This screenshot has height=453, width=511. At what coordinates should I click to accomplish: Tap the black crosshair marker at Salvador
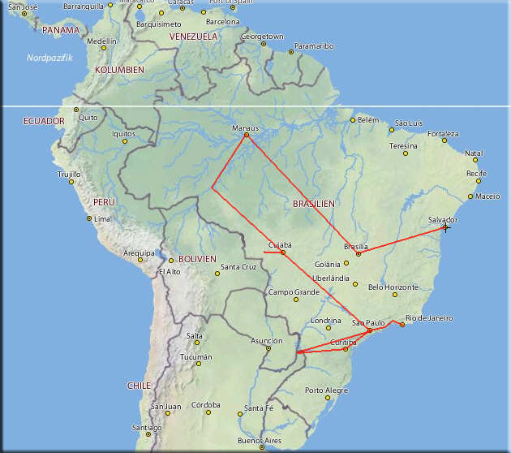click(x=445, y=227)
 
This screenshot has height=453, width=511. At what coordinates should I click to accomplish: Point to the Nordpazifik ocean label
click(x=49, y=58)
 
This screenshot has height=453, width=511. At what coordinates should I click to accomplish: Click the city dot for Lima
click(x=89, y=218)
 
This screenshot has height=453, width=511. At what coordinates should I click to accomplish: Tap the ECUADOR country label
click(x=44, y=121)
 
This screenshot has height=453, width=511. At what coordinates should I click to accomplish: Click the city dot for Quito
click(x=76, y=110)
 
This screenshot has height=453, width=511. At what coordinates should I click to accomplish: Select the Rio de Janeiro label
click(x=429, y=317)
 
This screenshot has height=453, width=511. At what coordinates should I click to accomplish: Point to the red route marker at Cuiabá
click(x=283, y=252)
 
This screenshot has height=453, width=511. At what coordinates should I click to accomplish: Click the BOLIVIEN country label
click(x=197, y=258)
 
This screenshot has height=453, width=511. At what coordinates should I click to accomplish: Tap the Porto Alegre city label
click(x=325, y=390)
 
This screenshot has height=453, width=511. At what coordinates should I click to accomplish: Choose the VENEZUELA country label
click(x=193, y=37)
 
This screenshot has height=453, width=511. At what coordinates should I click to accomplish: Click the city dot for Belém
click(x=353, y=120)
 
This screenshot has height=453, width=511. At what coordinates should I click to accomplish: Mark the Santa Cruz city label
click(x=238, y=267)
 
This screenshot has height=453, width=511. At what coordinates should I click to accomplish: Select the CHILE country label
click(x=139, y=386)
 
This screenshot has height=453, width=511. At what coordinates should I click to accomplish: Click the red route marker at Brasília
click(x=359, y=254)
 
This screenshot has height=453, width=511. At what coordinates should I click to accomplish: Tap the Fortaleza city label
click(x=443, y=134)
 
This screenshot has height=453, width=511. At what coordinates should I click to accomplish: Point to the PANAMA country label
click(x=61, y=30)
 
